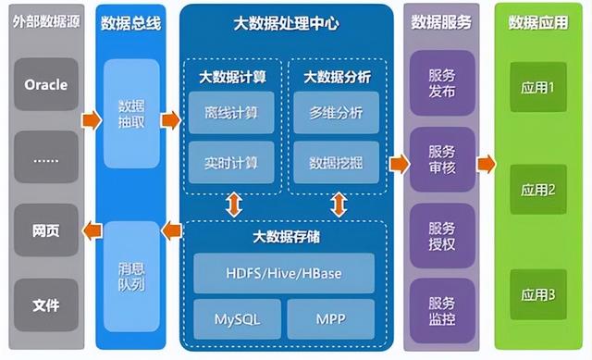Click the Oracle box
(46, 85)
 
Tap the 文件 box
(46, 304)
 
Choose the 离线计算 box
(231, 113)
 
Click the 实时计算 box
(231, 163)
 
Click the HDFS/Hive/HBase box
(283, 273)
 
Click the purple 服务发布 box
(442, 83)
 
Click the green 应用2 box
(538, 191)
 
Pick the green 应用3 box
(538, 295)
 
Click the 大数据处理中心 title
(283, 21)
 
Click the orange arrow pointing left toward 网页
(89, 230)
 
